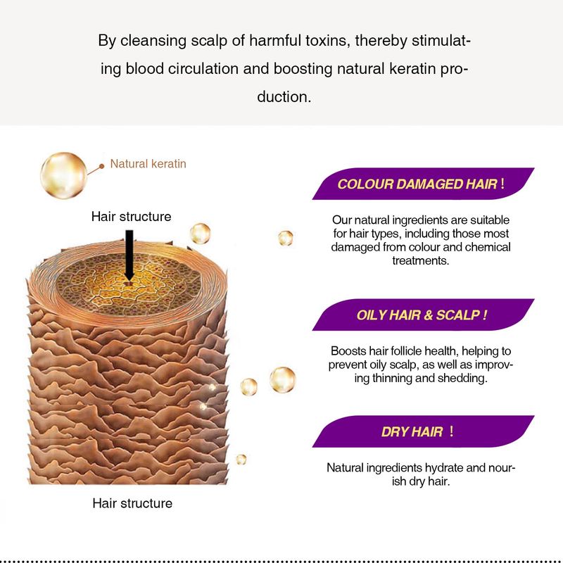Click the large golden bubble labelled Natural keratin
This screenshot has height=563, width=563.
point(63,175)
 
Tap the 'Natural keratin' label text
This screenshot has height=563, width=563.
point(148,164)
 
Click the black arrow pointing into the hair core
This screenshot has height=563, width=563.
point(129,255)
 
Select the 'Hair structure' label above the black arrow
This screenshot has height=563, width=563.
point(131,217)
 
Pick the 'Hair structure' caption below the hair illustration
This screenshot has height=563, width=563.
point(132,503)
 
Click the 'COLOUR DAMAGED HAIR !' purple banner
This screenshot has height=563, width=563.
point(423,184)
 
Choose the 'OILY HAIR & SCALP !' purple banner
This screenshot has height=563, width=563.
point(423,315)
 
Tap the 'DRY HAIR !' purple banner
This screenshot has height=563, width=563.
point(423,431)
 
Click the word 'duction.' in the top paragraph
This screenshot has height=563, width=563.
point(284,97)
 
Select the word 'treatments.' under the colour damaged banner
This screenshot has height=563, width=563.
point(420,260)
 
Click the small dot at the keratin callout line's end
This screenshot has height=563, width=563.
point(102,166)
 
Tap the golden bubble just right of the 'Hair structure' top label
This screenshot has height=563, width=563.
point(200,234)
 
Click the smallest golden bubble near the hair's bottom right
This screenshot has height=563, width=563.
point(241,460)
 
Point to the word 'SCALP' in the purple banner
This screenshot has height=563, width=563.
point(458,315)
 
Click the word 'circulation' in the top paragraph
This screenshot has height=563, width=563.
point(203,68)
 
